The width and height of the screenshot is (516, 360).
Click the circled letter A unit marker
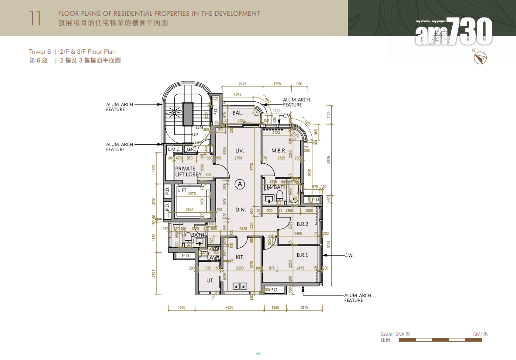pyautogui.click(x=240, y=184)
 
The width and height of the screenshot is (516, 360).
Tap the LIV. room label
pyautogui.click(x=239, y=151)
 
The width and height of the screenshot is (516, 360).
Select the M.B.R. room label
pyautogui.click(x=279, y=151)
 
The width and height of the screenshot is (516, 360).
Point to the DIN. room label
pyautogui.click(x=240, y=210)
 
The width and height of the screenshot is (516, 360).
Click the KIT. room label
pyautogui.click(x=240, y=257)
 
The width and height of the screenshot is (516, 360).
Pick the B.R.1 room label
pyautogui.click(x=302, y=255)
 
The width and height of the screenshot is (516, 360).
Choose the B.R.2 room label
pyautogui.click(x=303, y=224)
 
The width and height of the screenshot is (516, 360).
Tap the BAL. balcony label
pyautogui.click(x=237, y=113)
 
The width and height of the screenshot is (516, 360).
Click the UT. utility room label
pyautogui.click(x=210, y=280)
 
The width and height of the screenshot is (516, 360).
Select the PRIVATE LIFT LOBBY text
pyautogui.click(x=188, y=171)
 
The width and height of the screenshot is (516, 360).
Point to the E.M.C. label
pyautogui.click(x=174, y=149)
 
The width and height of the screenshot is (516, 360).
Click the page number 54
pyautogui.click(x=258, y=354)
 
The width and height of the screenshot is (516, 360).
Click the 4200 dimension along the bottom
pyautogui.click(x=230, y=308)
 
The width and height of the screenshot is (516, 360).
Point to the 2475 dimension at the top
pyautogui.click(x=243, y=84)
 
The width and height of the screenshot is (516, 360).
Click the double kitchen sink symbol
pyautogui.click(x=239, y=287)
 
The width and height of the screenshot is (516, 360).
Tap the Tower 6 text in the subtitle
pyautogui.click(x=40, y=52)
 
